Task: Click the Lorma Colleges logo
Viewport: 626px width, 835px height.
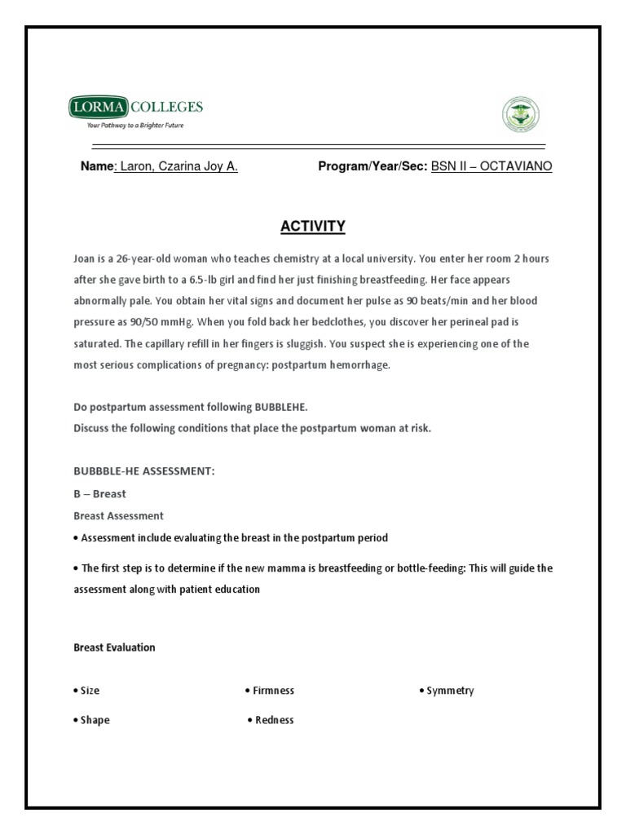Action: click(x=135, y=108)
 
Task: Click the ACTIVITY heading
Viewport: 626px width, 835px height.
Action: click(x=313, y=226)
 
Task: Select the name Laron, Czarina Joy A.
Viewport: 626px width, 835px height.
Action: click(x=179, y=166)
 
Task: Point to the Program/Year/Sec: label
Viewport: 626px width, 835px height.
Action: click(x=373, y=166)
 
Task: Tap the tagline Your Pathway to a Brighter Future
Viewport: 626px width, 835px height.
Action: click(x=135, y=126)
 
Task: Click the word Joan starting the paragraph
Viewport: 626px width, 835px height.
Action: click(x=86, y=258)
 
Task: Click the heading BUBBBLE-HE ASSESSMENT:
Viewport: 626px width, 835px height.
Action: click(x=143, y=473)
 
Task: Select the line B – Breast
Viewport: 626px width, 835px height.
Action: click(x=99, y=494)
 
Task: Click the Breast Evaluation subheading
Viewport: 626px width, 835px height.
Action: click(x=114, y=647)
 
